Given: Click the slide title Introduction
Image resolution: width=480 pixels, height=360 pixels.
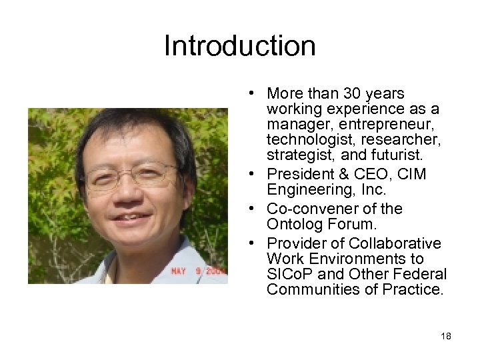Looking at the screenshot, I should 239,46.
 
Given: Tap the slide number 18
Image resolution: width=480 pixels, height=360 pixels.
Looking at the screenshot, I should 446,336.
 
